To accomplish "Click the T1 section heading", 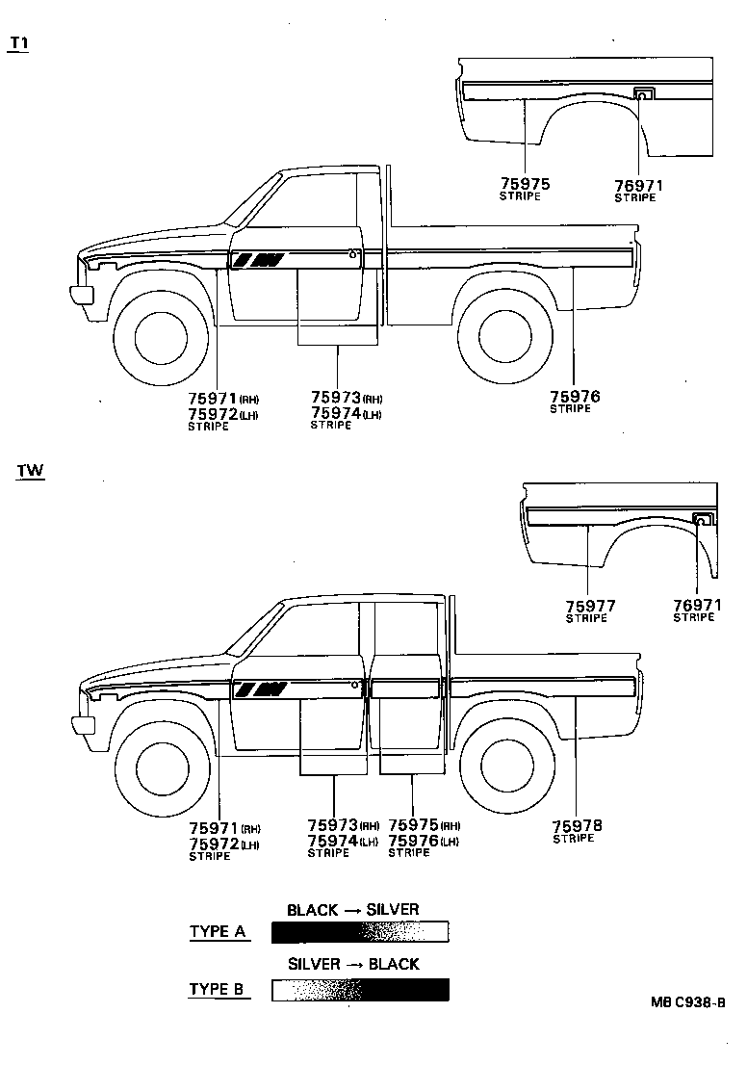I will [18, 45].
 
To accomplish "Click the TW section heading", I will [30, 471].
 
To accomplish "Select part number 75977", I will [590, 606].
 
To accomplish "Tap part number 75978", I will [576, 825].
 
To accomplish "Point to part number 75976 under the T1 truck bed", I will [575, 396].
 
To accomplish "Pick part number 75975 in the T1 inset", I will [525, 184].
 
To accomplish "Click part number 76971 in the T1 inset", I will [639, 185].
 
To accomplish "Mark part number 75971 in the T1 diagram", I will [213, 397].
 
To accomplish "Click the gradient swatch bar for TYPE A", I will [360, 931].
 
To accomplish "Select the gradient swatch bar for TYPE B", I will [360, 989].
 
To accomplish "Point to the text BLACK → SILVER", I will [352, 909].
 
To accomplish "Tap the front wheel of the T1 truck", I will [160, 336].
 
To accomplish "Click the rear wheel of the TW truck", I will [509, 766].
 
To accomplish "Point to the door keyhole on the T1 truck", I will [354, 255].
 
